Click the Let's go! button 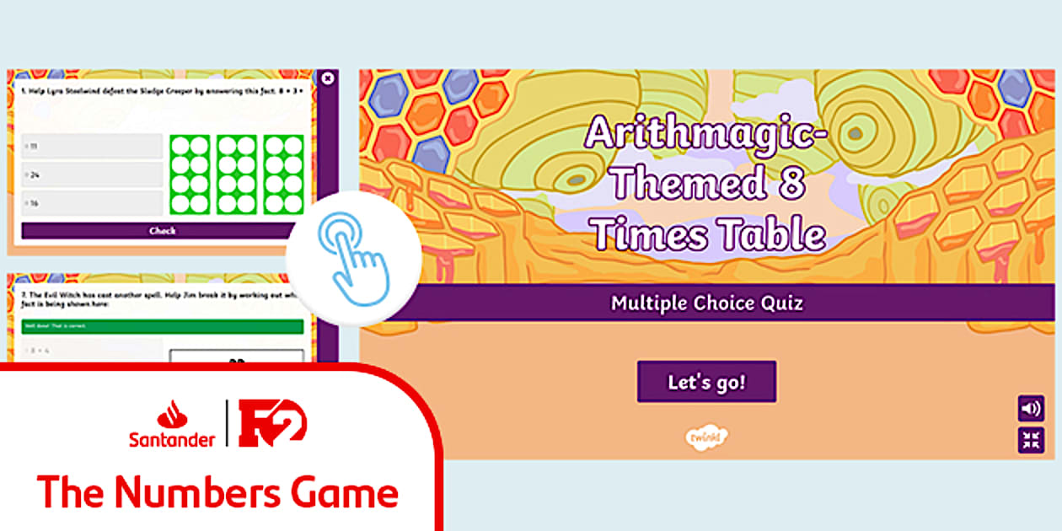tap(706, 382)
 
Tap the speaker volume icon tap(1031, 409)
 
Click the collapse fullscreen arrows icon tap(1031, 439)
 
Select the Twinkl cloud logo tap(706, 437)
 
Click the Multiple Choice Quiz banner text tap(707, 303)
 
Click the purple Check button tap(163, 231)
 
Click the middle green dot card tap(237, 174)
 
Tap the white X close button tap(328, 78)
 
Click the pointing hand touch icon tap(353, 258)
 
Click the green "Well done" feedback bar tap(163, 326)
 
